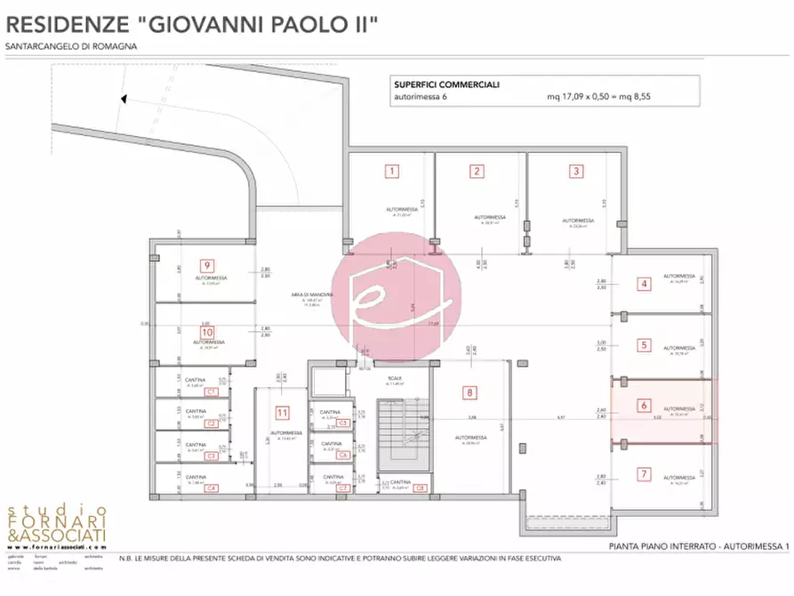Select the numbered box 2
pyautogui.click(x=477, y=172)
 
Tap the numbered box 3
pyautogui.click(x=576, y=171)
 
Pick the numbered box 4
pyautogui.click(x=644, y=285)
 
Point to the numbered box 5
pyautogui.click(x=644, y=344)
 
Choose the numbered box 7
pyautogui.click(x=644, y=472)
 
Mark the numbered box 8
pyautogui.click(x=469, y=391)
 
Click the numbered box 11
pyautogui.click(x=282, y=412)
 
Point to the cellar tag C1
pyautogui.click(x=212, y=391)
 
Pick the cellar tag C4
pyautogui.click(x=212, y=488)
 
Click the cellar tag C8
pyautogui.click(x=420, y=487)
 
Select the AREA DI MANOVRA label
pyautogui.click(x=311, y=294)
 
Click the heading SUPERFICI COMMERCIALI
pyautogui.click(x=446, y=85)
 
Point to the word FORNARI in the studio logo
pyautogui.click(x=58, y=523)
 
